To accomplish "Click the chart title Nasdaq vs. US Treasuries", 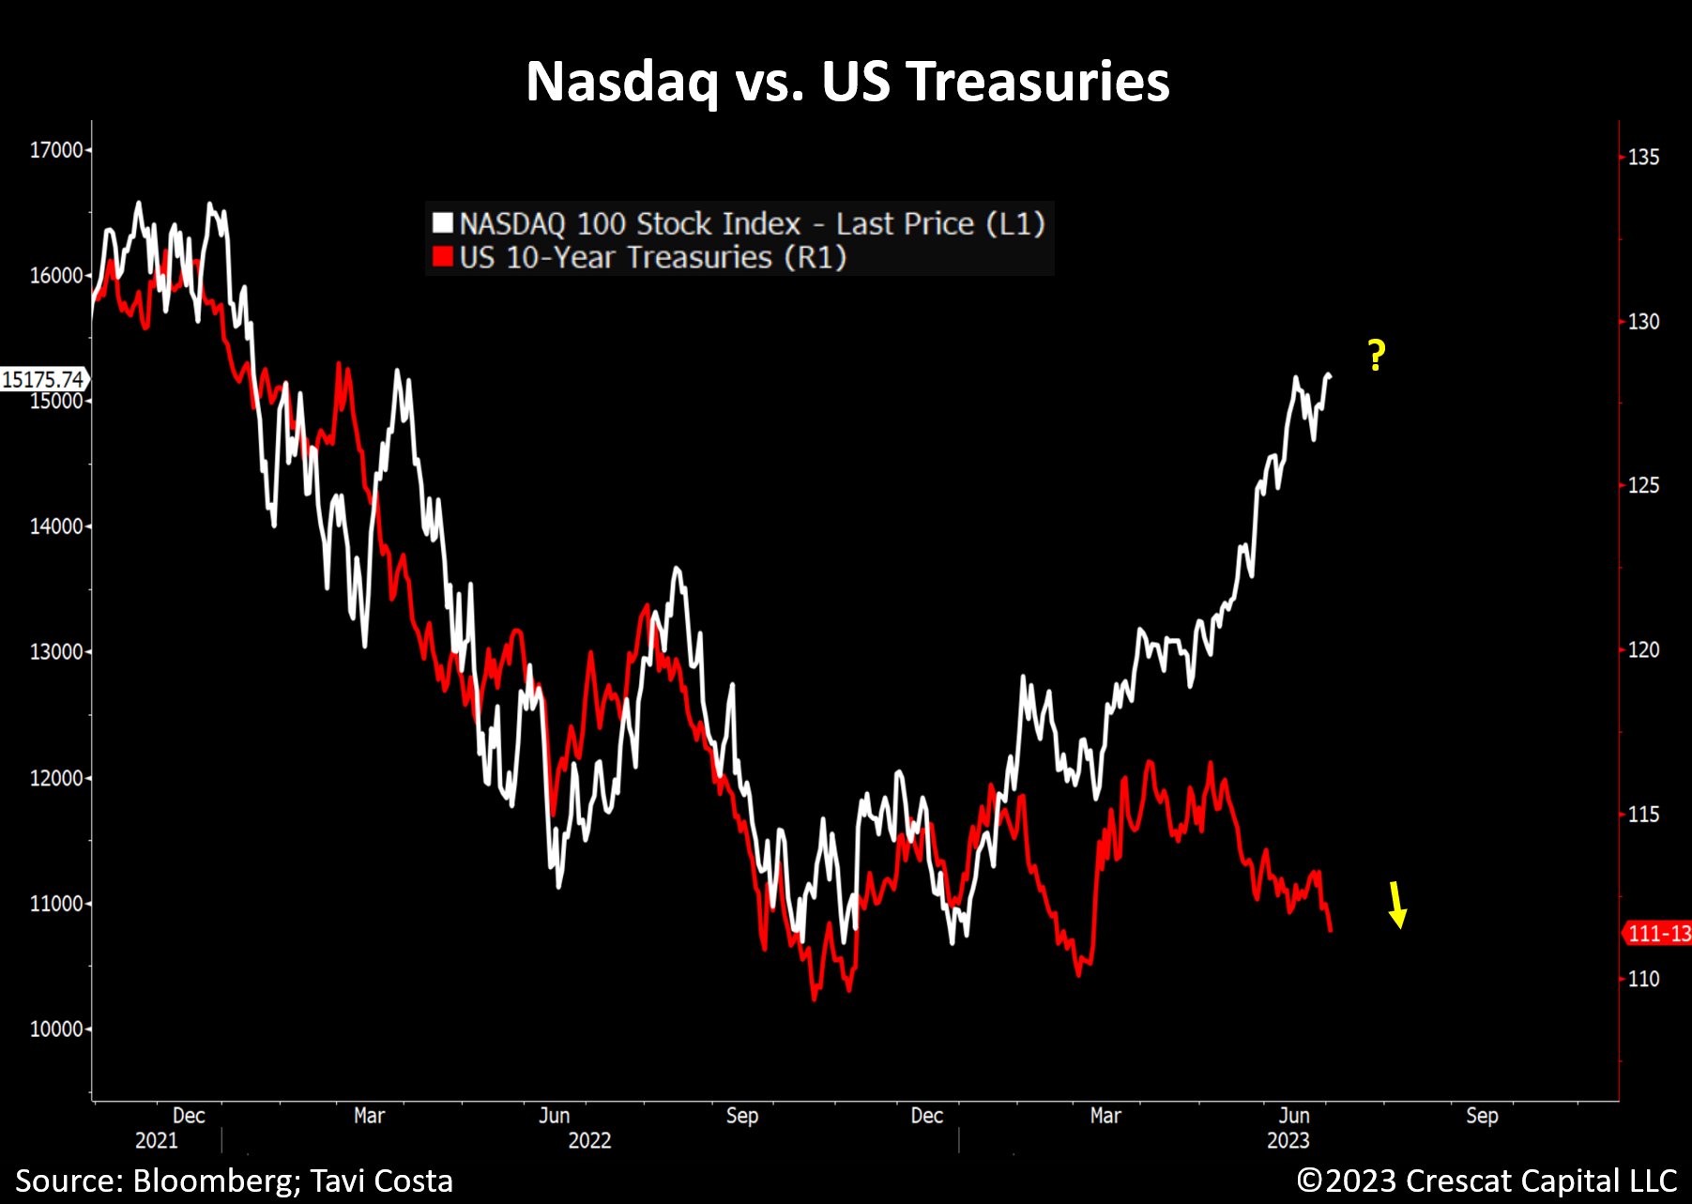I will click(846, 81).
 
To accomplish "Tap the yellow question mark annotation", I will click(1376, 356).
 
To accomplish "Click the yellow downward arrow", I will click(1397, 905).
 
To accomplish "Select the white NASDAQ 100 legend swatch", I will click(442, 223).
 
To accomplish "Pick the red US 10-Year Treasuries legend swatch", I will click(442, 257).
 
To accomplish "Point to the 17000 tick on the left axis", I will click(56, 150).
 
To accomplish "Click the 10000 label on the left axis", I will click(56, 1029).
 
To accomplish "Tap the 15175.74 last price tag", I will click(43, 379).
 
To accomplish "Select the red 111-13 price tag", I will click(1658, 934).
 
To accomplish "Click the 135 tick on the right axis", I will click(1643, 158).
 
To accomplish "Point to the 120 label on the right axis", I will click(1643, 650).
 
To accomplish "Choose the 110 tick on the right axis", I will click(1643, 980).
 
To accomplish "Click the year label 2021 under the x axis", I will click(156, 1140).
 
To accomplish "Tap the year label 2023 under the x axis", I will click(1288, 1140).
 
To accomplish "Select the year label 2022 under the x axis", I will click(589, 1140).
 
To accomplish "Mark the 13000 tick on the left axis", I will click(56, 652).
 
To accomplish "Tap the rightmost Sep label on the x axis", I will click(1482, 1116).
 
